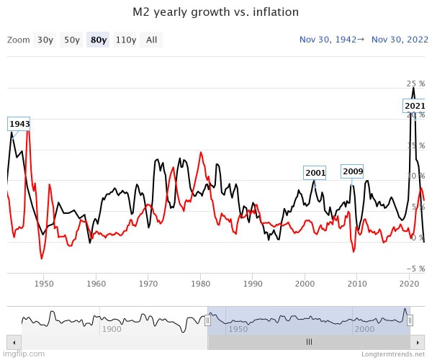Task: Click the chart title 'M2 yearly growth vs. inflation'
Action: coord(216,12)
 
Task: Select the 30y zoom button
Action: coord(45,40)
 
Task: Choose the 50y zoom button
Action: coord(71,40)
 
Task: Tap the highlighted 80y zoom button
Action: coord(97,40)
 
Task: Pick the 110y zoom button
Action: coord(126,40)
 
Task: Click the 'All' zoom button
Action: coord(151,40)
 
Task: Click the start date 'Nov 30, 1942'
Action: coord(328,40)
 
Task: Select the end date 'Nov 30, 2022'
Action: coord(398,40)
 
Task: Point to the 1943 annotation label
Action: coord(19,124)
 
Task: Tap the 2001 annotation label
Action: coord(315,173)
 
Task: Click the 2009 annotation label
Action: coord(353,171)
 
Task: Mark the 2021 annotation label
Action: coord(415,106)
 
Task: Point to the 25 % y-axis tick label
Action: coord(415,84)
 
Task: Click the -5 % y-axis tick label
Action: coord(414,269)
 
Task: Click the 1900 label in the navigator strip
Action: coord(112,329)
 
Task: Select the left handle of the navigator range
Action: coord(207,320)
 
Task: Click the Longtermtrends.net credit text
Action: coord(395,354)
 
